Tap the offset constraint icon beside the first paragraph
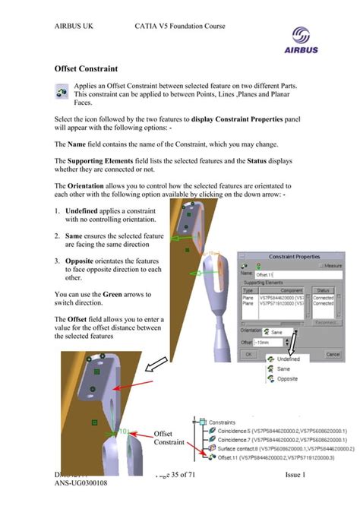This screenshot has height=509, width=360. (x=62, y=92)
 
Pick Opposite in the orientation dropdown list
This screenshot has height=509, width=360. (x=287, y=378)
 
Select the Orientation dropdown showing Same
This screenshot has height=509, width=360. (x=283, y=331)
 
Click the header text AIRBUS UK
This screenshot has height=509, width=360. (x=79, y=27)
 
